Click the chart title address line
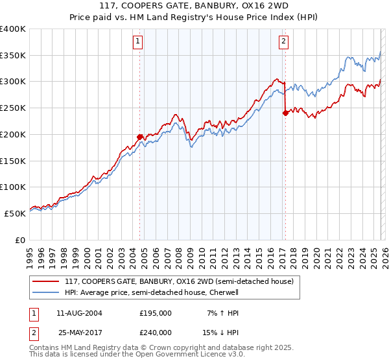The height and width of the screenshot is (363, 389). [195, 6]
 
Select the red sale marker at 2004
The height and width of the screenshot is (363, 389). [139, 137]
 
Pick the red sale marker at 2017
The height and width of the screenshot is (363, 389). [285, 113]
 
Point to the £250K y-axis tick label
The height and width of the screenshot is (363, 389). [13, 108]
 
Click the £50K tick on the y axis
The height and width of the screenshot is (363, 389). [15, 213]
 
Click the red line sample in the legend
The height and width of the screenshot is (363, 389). [47, 281]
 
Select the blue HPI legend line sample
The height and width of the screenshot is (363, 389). [47, 292]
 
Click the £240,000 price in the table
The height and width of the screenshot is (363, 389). [156, 333]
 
